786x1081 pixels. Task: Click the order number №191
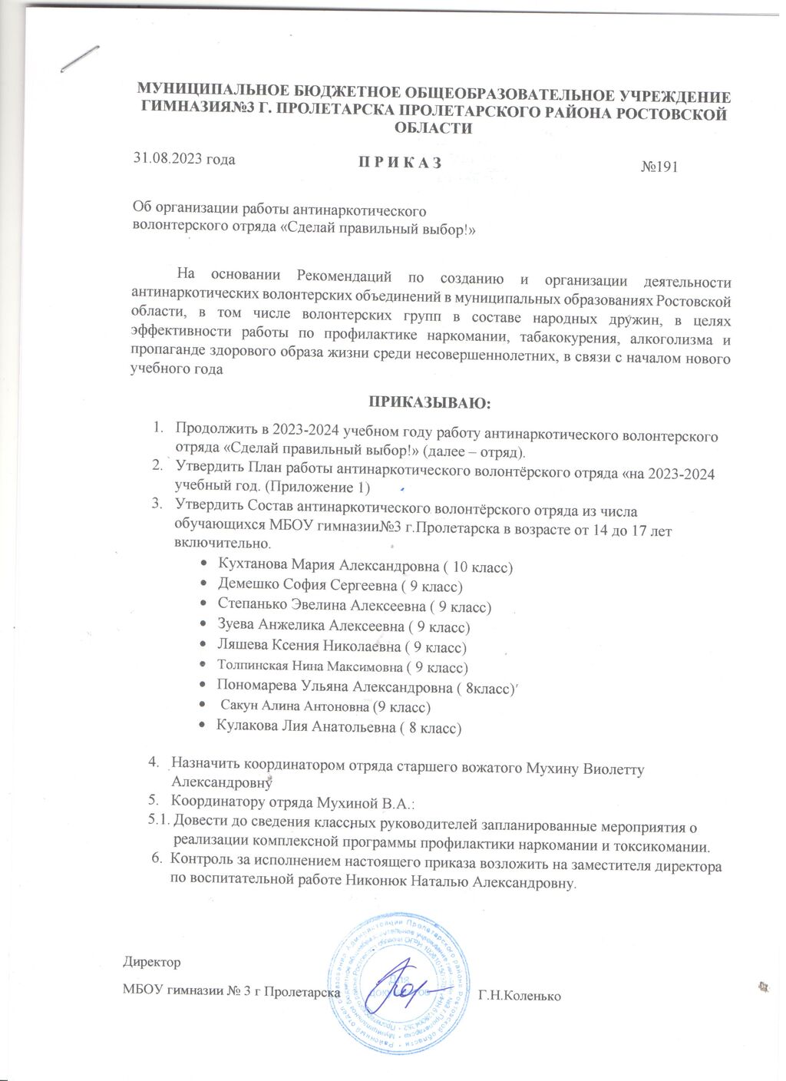[x=659, y=167]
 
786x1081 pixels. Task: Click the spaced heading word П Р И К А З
[x=389, y=163]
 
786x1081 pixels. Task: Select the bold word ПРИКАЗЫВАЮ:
[x=430, y=402]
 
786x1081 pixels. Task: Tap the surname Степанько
[x=253, y=606]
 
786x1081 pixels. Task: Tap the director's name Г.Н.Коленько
[x=519, y=997]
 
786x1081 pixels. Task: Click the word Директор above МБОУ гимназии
[x=152, y=962]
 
